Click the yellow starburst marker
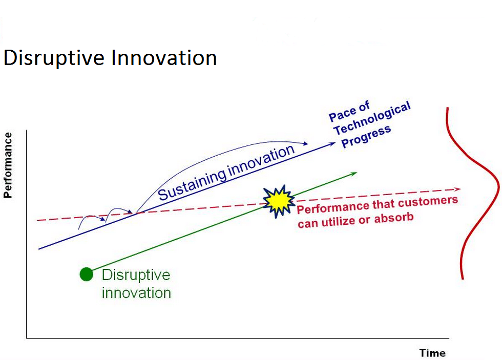pos(279,201)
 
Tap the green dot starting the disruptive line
pos(87,274)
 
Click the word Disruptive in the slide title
pos(54,58)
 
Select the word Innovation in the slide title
pos(164,58)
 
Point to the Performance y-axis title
pos(8,165)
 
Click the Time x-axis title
pos(432,353)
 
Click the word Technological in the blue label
pos(372,118)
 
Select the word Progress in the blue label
pos(366,137)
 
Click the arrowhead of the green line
pos(353,174)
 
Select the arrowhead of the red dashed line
pos(457,189)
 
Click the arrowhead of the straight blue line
pos(332,144)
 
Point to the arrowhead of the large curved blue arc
pos(305,144)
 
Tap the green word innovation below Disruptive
pos(136,293)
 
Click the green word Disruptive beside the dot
pos(136,275)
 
